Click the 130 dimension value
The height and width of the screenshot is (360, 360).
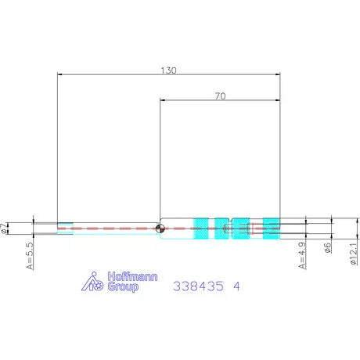pos(168,70)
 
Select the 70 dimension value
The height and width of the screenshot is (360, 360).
pos(221,96)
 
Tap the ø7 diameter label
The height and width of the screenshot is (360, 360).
pos(3,229)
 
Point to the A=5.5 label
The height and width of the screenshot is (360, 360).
pos(30,256)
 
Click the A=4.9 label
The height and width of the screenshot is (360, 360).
pos(302,256)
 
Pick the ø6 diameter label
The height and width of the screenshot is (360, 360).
pos(328,247)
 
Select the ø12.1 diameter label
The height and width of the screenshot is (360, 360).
pos(354,254)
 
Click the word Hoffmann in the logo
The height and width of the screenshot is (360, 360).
pos(132,276)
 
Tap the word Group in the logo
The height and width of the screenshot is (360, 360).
pos(123,286)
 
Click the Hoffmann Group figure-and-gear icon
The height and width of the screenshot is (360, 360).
pos(92,282)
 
